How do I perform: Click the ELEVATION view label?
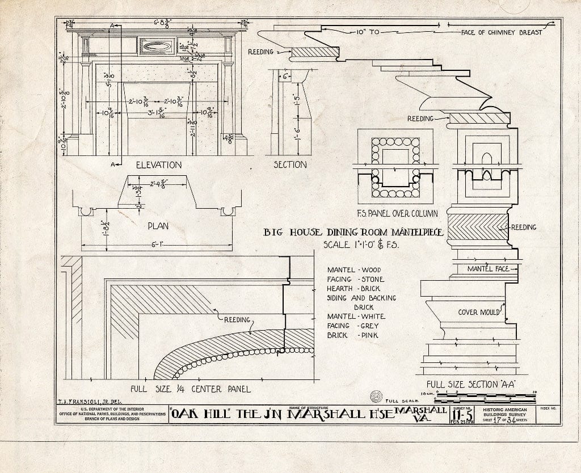tap(159, 165)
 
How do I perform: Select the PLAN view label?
tap(158, 225)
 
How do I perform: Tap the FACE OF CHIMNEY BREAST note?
tap(502, 32)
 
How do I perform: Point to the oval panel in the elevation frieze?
tap(157, 46)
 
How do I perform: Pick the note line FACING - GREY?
tap(352, 326)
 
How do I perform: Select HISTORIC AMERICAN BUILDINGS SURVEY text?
tap(504, 413)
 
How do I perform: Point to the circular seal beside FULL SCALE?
tap(376, 396)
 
